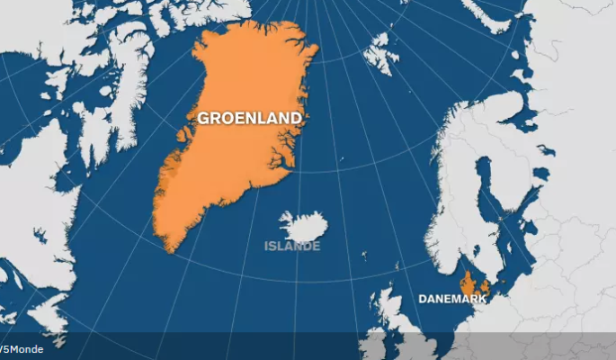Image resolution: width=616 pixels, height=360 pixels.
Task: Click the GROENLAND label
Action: coord(249,118)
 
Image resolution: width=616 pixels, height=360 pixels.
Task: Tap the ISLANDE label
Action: coord(292,246)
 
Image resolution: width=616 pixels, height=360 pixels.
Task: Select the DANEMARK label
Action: coord(452,298)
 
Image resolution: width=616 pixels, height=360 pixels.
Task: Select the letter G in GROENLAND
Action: coord(203,118)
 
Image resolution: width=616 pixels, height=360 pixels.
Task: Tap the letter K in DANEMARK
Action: coord(483,298)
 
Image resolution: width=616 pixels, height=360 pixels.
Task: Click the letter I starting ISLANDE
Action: coord(267,246)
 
